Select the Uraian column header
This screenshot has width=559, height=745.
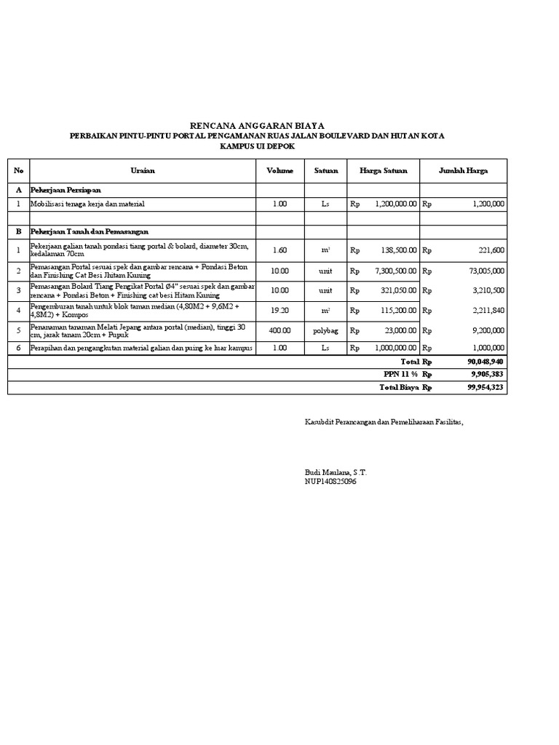[143, 170]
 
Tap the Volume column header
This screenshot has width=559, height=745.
[279, 170]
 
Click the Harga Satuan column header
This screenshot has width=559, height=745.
[384, 170]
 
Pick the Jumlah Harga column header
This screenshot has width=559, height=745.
[463, 170]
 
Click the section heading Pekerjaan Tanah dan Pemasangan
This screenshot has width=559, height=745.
[89, 231]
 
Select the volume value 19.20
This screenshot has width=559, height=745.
[279, 309]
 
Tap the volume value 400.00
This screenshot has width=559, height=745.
[279, 330]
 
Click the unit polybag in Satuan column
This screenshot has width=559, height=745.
[325, 330]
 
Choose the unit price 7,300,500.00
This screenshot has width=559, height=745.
[396, 270]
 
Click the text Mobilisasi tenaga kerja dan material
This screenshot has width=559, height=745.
[88, 204]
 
